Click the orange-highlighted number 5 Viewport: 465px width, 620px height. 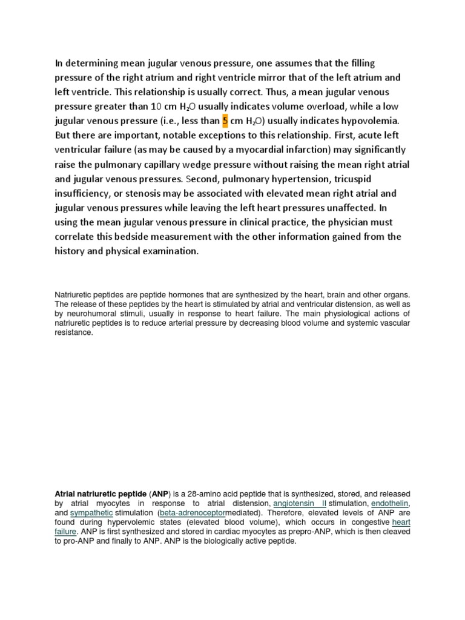click(225, 120)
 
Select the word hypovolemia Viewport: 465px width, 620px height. click(372, 120)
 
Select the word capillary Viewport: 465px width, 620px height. click(182, 164)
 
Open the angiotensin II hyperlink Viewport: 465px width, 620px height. click(299, 503)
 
